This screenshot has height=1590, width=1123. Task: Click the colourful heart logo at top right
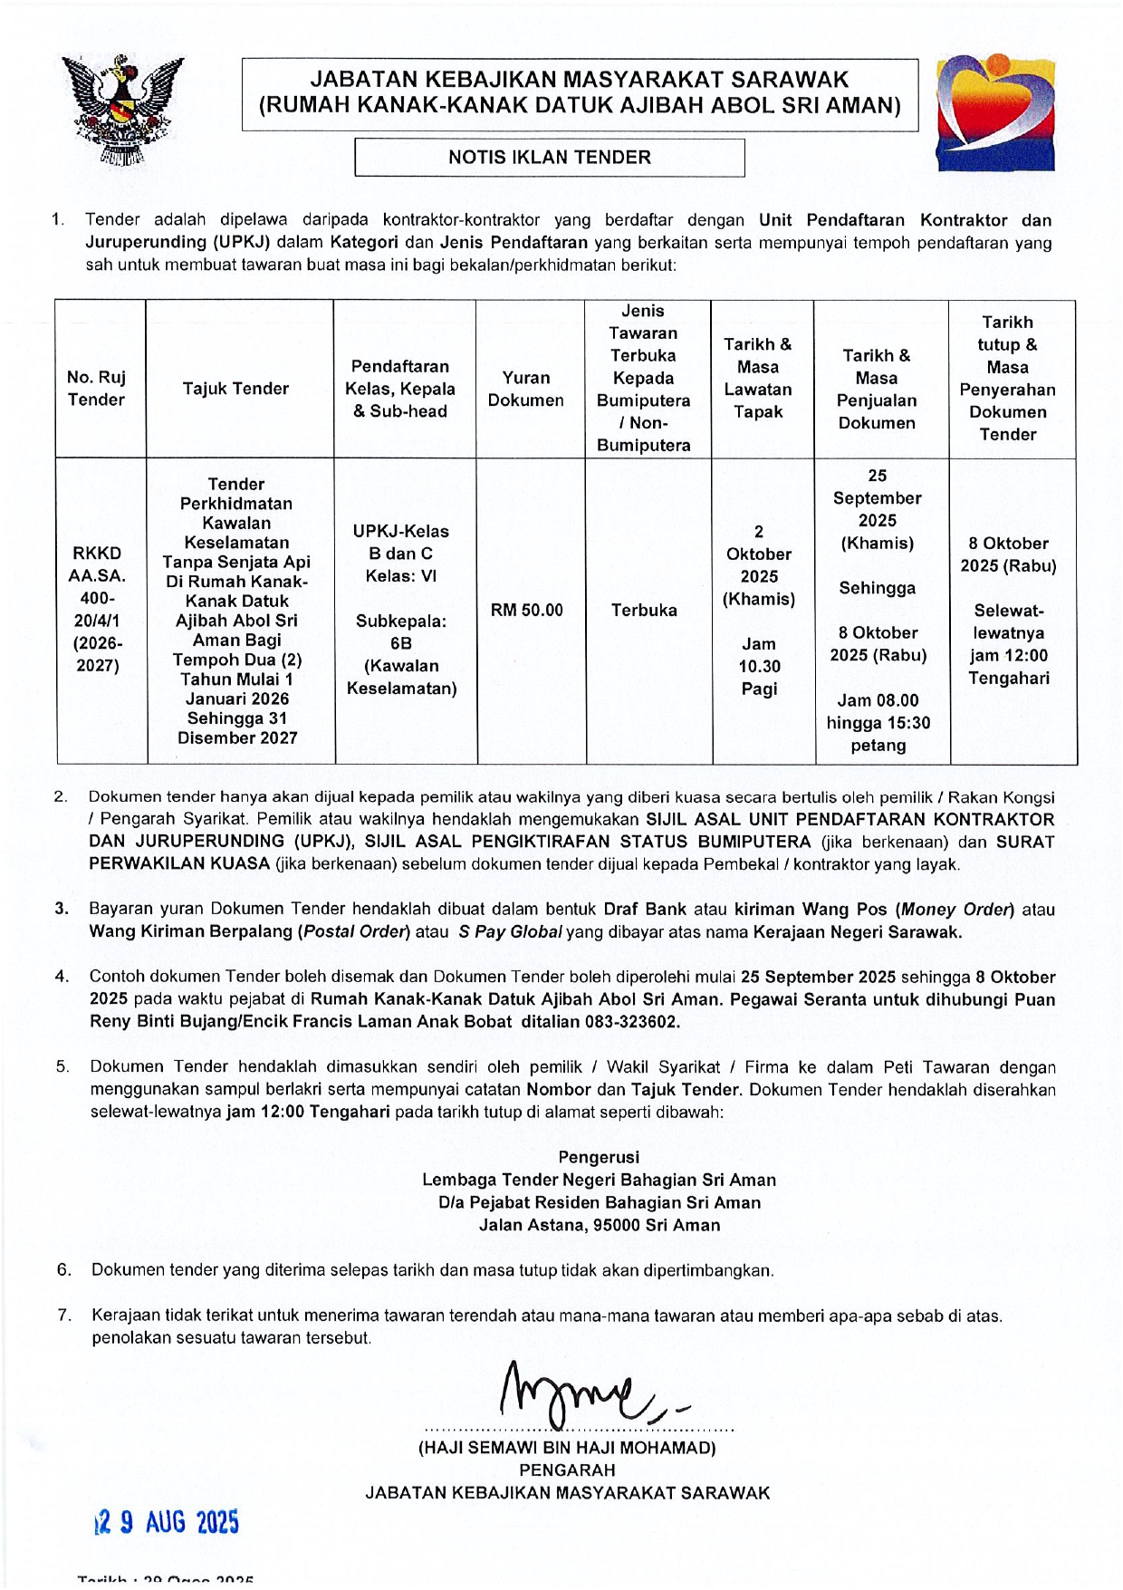point(996,112)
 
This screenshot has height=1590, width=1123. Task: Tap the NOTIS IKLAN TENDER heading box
point(549,158)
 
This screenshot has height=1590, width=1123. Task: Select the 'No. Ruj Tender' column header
point(97,389)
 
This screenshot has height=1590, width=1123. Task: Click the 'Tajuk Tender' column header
point(235,389)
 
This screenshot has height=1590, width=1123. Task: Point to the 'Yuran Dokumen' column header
point(525,389)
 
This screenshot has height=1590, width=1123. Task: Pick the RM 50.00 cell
point(526,611)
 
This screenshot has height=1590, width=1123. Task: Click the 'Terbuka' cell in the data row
point(644,611)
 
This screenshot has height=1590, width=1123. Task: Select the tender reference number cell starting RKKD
point(98,609)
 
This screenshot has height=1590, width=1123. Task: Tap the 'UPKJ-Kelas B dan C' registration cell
point(400,542)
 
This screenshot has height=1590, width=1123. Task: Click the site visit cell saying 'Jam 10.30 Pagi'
point(759,666)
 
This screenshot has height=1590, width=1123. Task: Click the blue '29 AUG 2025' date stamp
point(168,1522)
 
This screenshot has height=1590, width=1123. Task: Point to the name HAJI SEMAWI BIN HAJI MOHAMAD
point(567,1448)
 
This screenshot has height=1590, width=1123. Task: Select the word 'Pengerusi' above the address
point(599,1157)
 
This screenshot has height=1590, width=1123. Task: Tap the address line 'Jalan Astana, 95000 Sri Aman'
point(600,1225)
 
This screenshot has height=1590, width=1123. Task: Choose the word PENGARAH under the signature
point(567,1470)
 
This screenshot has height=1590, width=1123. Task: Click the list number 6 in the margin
point(64,1270)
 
